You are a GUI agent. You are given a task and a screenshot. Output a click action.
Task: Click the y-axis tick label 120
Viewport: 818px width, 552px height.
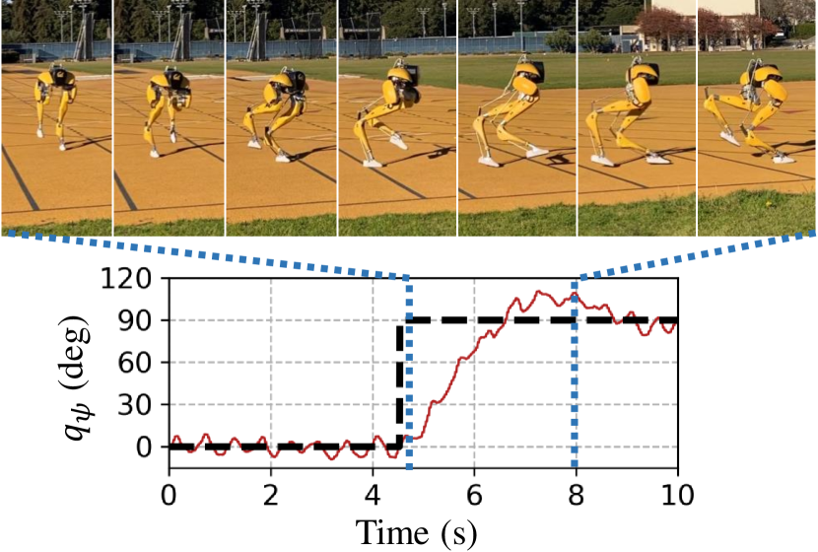[131, 279]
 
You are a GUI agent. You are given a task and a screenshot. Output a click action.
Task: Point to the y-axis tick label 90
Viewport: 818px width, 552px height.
[138, 321]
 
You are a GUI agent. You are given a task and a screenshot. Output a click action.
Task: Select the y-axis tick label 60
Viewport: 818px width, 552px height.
[138, 364]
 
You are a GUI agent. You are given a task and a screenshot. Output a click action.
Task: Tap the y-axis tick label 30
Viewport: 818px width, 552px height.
[138, 406]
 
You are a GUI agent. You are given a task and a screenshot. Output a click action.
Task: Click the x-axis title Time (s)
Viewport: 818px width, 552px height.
[417, 532]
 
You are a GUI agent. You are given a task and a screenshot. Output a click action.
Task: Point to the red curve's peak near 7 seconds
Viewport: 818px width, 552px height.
[540, 293]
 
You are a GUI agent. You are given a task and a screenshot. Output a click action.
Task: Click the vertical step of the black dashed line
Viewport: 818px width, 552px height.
[400, 384]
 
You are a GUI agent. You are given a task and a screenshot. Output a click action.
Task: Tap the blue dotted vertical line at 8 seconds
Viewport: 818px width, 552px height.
[576, 394]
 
